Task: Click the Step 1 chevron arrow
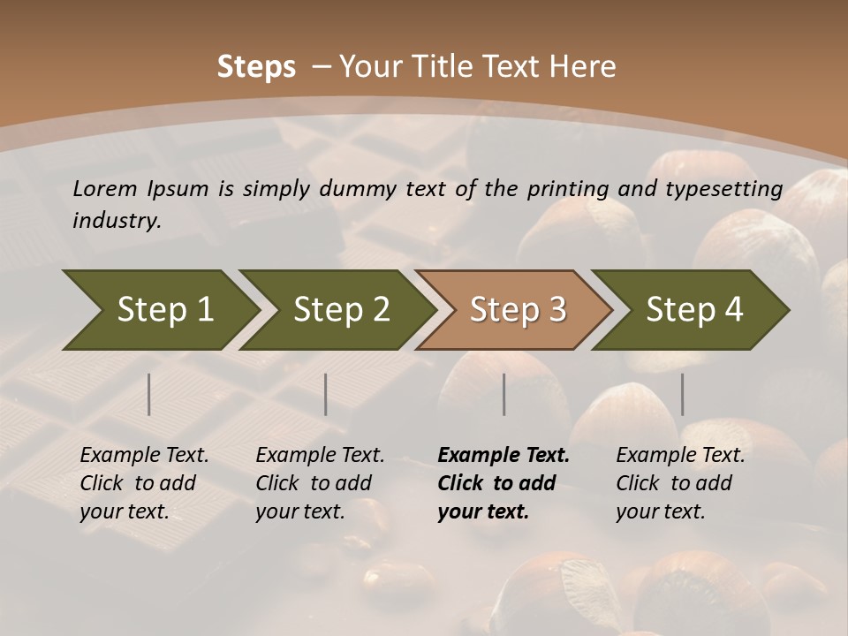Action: [x=163, y=310]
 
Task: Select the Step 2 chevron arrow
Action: [x=341, y=310]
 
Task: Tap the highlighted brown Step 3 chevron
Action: [x=518, y=310]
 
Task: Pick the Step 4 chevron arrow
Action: [x=694, y=310]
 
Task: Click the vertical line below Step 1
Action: [x=149, y=394]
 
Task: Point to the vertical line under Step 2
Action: [x=326, y=394]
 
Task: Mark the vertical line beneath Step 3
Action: [x=504, y=394]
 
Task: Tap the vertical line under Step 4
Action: [x=682, y=394]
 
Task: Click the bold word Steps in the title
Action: [x=256, y=67]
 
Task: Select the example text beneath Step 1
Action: [x=144, y=483]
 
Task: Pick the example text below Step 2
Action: [x=320, y=483]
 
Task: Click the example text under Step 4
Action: [x=680, y=483]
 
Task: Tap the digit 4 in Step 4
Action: [x=733, y=310]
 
